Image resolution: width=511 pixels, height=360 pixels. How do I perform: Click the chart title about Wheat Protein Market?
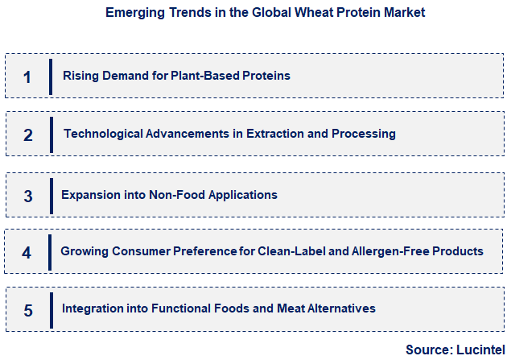pyautogui.click(x=265, y=13)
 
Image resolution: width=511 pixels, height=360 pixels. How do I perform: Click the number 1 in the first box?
pyautogui.click(x=27, y=77)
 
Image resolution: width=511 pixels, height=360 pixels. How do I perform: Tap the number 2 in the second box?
pyautogui.click(x=27, y=135)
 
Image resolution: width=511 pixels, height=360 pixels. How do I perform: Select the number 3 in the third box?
pyautogui.click(x=27, y=196)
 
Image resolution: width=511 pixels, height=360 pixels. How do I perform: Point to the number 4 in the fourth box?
pyautogui.click(x=27, y=253)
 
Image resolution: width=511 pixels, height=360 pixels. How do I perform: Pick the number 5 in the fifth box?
pyautogui.click(x=28, y=310)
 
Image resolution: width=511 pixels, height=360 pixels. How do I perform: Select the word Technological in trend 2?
pyautogui.click(x=101, y=134)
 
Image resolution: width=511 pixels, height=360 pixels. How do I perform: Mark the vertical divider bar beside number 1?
pyautogui.click(x=51, y=77)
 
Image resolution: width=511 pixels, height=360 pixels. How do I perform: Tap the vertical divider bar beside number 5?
pyautogui.click(x=51, y=309)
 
